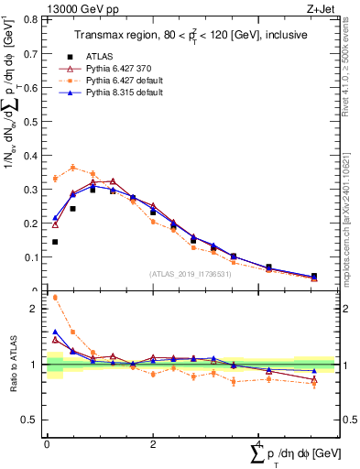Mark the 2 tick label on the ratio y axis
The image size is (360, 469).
click(x=34, y=309)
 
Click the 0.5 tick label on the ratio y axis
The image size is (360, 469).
click(x=30, y=420)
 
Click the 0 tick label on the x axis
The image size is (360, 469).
click(x=46, y=445)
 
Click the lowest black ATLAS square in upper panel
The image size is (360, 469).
click(x=55, y=242)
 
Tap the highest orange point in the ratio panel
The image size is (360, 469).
click(x=55, y=297)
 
